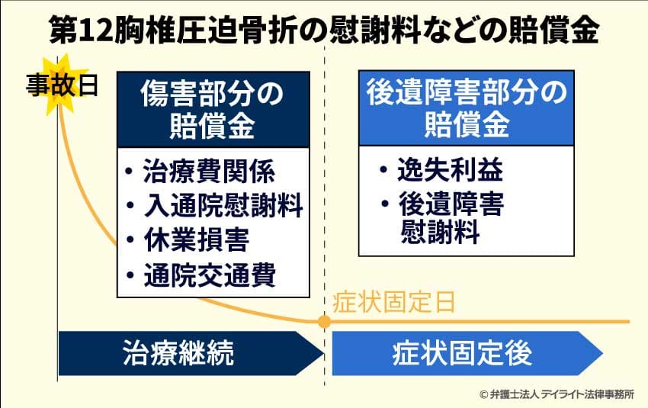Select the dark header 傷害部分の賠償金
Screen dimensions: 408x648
click(x=213, y=109)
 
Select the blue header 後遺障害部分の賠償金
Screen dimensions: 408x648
click(x=466, y=109)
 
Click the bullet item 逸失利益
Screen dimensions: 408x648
click(x=450, y=171)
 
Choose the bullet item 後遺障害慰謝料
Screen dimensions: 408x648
click(x=450, y=217)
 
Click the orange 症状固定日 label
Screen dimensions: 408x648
click(x=394, y=302)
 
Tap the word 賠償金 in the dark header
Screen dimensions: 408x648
click(x=213, y=126)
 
